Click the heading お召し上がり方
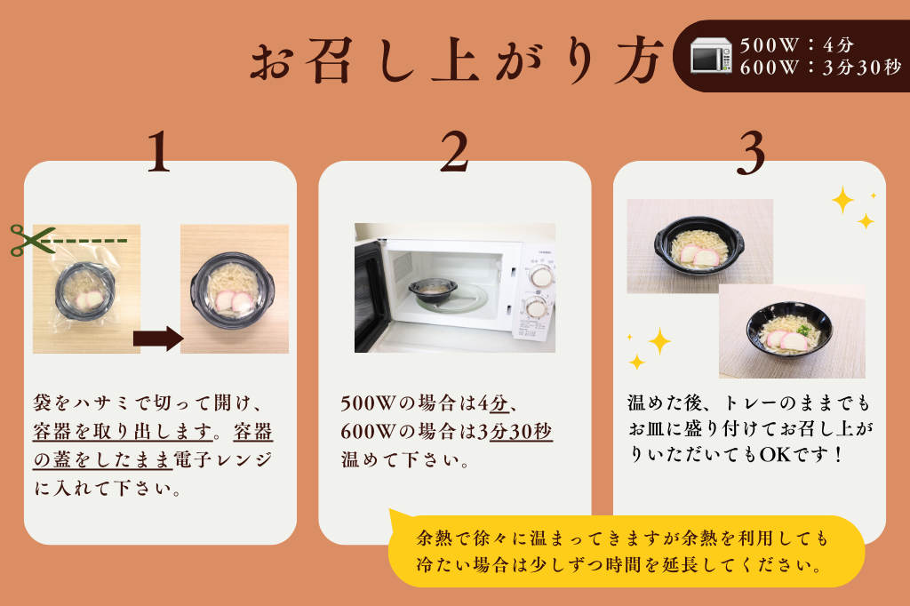coord(455,60)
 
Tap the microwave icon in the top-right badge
coord(710,56)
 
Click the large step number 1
coord(158,153)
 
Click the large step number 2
coord(454,153)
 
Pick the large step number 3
coord(751,153)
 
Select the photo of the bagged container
coord(86,289)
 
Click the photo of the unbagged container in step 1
coord(235,289)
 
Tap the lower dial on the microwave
coord(536,307)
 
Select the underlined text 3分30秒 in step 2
coord(515,431)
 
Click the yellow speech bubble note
coord(626,551)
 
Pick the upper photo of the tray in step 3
coord(699,245)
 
